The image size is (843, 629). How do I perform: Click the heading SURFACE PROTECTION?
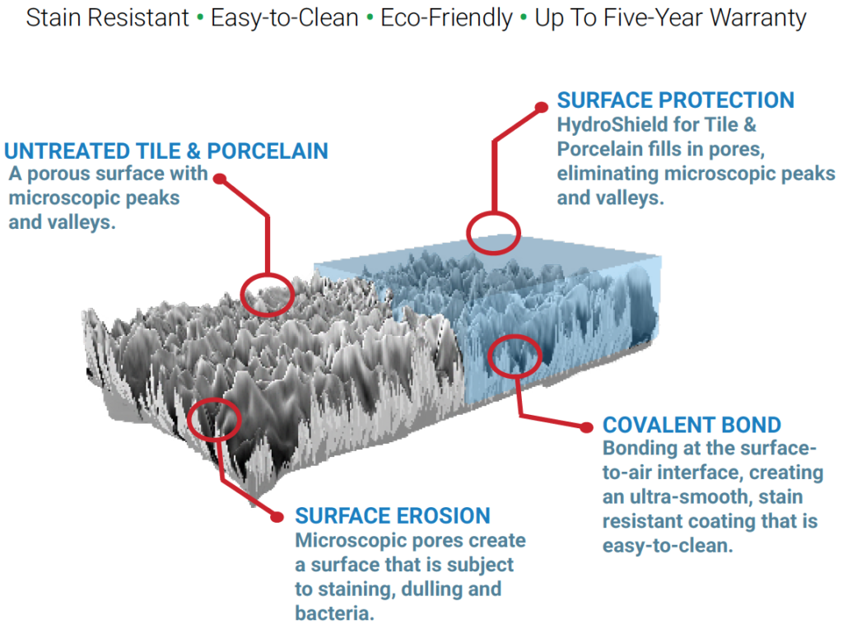pyautogui.click(x=675, y=100)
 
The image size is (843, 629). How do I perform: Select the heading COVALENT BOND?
pyautogui.click(x=692, y=425)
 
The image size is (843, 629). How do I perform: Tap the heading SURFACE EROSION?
pyautogui.click(x=393, y=515)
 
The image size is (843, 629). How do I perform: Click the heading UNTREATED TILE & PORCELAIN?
pyautogui.click(x=166, y=151)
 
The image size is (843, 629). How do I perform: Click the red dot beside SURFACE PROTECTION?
pyautogui.click(x=542, y=108)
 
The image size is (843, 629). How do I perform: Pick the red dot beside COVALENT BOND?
pyautogui.click(x=586, y=427)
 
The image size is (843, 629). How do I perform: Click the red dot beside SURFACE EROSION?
pyautogui.click(x=277, y=517)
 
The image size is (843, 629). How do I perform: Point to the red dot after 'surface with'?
pyautogui.click(x=219, y=179)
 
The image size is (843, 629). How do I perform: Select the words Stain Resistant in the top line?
pyautogui.click(x=107, y=17)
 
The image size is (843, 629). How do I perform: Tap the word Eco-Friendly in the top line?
pyautogui.click(x=446, y=18)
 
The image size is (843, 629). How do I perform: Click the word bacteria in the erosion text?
pyautogui.click(x=334, y=613)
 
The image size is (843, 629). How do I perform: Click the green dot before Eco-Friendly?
pyautogui.click(x=370, y=17)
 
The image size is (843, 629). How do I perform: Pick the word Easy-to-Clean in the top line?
pyautogui.click(x=284, y=18)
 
